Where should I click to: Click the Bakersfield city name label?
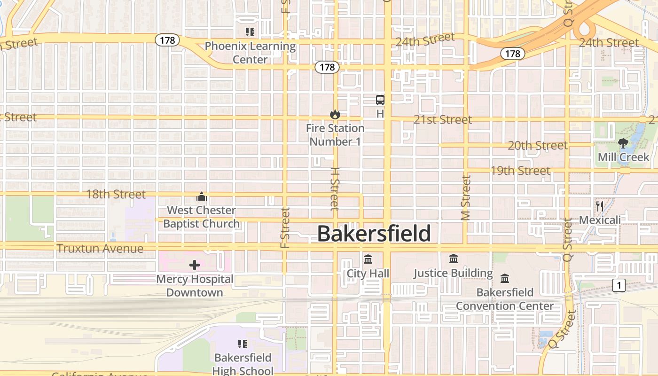coord(374,234)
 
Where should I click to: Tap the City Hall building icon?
coord(368,259)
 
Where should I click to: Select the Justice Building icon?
coord(454,258)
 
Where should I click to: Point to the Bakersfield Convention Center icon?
coord(505,278)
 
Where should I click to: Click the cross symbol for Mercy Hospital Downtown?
coord(195,265)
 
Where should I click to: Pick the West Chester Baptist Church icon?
coord(202,196)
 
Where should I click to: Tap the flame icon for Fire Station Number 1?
coord(335,114)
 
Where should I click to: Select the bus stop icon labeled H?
coord(380,100)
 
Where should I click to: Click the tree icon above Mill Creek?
coord(623,143)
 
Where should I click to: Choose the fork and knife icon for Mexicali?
coord(599,206)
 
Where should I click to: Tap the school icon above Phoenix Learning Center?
coord(250,32)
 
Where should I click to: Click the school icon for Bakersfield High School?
coord(243,344)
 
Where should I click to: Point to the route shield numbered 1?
coord(619,285)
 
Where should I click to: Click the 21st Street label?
coord(443,120)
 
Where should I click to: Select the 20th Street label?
coord(537,146)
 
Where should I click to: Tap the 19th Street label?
coord(520,171)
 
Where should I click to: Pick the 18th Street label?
coord(116,194)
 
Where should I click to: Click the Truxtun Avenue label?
coord(100,249)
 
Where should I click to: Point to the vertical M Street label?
coord(466,197)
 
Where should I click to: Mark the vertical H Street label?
coord(335,189)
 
